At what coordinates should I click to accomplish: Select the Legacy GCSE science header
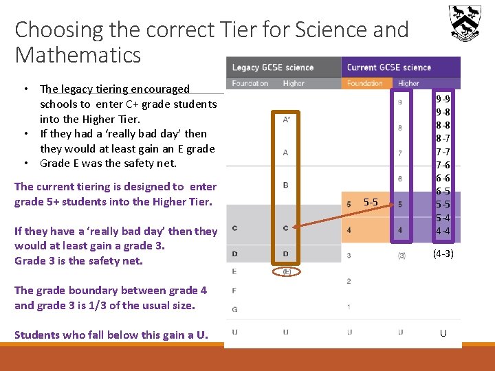(273, 67)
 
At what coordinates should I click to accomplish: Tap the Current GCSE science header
(389, 67)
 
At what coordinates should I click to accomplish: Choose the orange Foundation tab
(365, 84)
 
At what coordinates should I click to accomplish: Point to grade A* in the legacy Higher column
(285, 120)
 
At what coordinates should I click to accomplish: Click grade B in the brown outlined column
(285, 185)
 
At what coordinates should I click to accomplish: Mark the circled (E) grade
(285, 271)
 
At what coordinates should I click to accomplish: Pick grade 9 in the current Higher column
(400, 102)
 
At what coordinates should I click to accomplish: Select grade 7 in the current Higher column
(400, 153)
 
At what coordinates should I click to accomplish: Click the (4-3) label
(443, 254)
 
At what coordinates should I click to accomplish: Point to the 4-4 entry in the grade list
(443, 231)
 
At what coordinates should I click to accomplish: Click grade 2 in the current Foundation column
(349, 281)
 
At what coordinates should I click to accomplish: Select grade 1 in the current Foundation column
(349, 306)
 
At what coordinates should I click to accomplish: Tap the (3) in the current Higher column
(400, 256)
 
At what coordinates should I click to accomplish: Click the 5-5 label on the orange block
(371, 202)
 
